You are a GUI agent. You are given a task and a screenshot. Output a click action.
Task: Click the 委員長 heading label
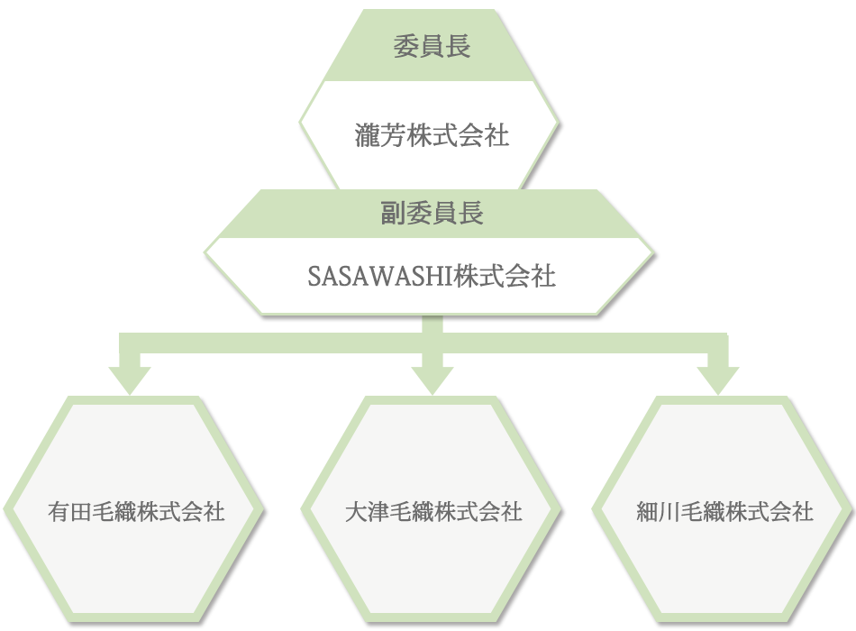433,47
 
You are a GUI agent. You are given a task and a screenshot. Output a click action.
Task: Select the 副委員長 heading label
433,214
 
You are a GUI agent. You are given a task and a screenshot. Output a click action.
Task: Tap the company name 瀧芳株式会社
433,136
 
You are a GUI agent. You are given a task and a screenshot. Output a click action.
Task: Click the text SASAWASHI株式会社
433,276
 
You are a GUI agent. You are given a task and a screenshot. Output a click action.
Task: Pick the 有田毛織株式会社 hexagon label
136,512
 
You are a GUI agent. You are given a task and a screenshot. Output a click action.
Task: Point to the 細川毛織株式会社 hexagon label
725,512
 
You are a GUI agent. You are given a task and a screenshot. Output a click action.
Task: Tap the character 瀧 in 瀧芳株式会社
367,136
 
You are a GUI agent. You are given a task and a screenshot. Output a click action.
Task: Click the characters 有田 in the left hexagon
69,512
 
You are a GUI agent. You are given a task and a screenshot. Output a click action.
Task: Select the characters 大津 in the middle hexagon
367,512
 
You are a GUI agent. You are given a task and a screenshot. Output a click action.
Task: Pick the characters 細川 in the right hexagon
659,512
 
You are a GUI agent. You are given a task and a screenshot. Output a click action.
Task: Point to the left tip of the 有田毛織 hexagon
6,509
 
